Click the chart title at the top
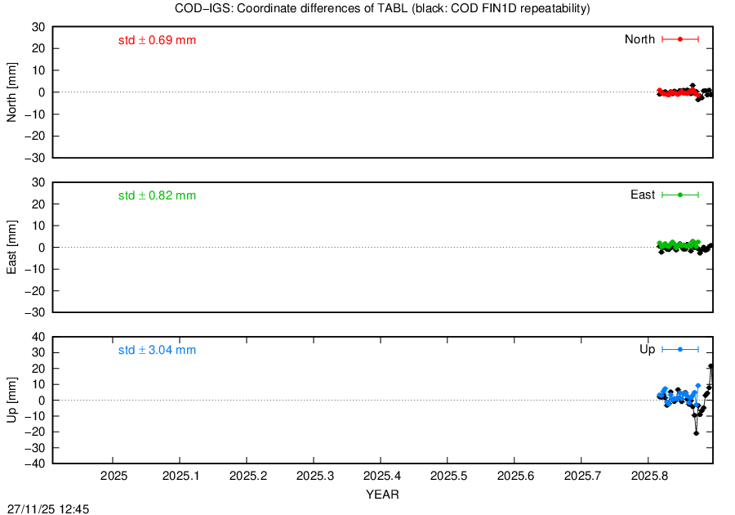[x=382, y=8]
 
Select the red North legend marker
[x=680, y=39]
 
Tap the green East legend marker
[x=680, y=195]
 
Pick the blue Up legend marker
[x=680, y=349]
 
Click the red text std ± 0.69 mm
[x=157, y=40]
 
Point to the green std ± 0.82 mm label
[x=157, y=195]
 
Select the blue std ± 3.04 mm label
[x=157, y=351]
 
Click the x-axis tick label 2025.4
[x=382, y=476]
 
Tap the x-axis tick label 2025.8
[x=650, y=476]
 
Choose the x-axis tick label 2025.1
[x=181, y=476]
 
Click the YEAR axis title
[x=382, y=495]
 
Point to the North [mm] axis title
[x=11, y=92]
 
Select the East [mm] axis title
[x=11, y=247]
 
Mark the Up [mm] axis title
[x=11, y=400]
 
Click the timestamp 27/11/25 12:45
[x=48, y=509]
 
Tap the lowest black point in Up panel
[x=696, y=433]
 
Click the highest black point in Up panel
[x=710, y=366]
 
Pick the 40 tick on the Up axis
[x=38, y=338]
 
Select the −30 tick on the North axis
[x=35, y=158]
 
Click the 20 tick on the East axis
[x=38, y=204]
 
